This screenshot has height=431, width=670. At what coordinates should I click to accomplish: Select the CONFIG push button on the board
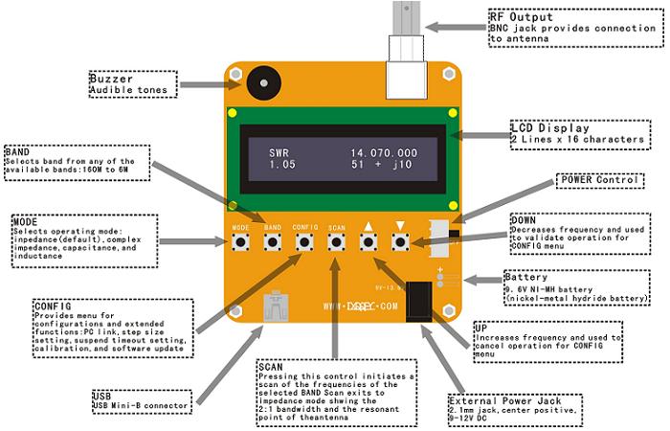pyautogui.click(x=304, y=242)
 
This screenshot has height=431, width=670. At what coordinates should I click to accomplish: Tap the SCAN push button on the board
pyautogui.click(x=336, y=242)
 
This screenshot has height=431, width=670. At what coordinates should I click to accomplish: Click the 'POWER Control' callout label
pyautogui.click(x=600, y=179)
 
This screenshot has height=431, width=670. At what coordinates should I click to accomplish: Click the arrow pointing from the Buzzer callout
pyautogui.click(x=204, y=85)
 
